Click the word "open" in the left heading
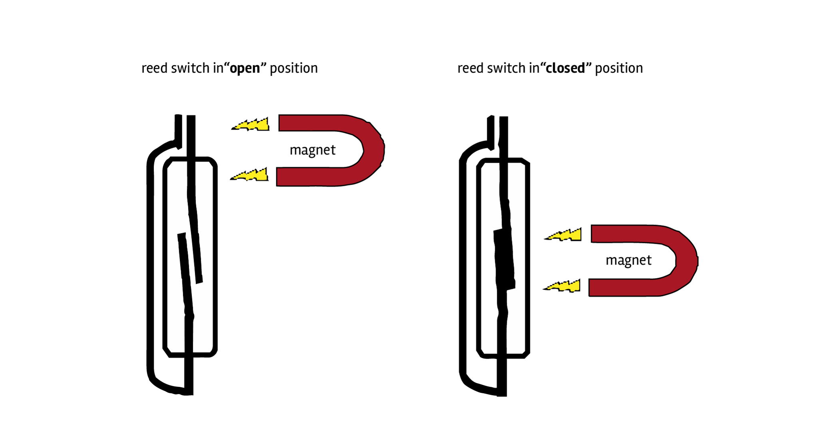(x=245, y=68)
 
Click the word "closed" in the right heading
(x=565, y=68)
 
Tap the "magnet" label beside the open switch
(x=312, y=150)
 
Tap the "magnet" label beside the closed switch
(x=628, y=261)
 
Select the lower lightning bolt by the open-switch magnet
(x=250, y=175)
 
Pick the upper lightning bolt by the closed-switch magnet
(x=564, y=235)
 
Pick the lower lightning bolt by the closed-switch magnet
(x=563, y=286)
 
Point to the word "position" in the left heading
(x=293, y=68)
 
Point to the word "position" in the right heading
(x=619, y=68)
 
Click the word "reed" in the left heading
(x=154, y=68)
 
